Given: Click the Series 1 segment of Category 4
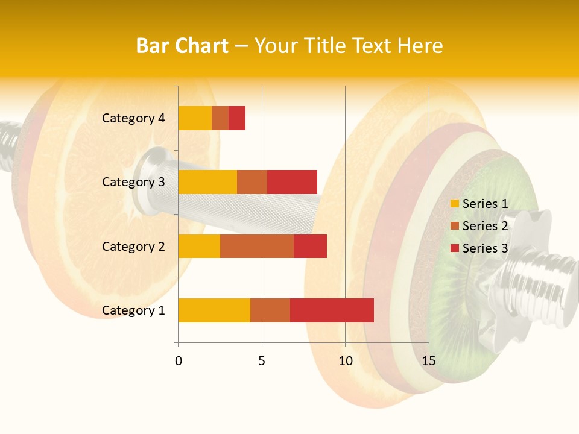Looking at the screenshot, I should coord(195,118).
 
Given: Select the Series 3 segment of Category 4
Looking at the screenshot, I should coord(237,118).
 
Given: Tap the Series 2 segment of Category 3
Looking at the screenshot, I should coord(252,182).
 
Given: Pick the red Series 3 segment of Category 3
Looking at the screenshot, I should coord(292,182).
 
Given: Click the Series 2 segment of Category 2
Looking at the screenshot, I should coord(257,246).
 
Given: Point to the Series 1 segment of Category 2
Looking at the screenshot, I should coord(199,246).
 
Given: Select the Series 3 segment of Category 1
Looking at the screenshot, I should coord(332,310).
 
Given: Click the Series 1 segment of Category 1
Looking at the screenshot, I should coord(214,310).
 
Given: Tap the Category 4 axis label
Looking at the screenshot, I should coord(133,118).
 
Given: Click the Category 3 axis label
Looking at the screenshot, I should coord(133,182).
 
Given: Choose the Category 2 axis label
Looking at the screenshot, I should coord(133,246).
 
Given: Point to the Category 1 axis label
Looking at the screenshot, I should coord(133,310).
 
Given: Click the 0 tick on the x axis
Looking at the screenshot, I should coord(179,361).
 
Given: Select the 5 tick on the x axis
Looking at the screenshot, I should coord(262,361).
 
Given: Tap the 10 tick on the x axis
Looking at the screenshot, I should coord(345,361).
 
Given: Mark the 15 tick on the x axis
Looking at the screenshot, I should coord(429,361).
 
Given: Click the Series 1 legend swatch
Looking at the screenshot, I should coord(455,204).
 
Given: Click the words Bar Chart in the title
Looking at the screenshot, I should coord(182,46).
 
